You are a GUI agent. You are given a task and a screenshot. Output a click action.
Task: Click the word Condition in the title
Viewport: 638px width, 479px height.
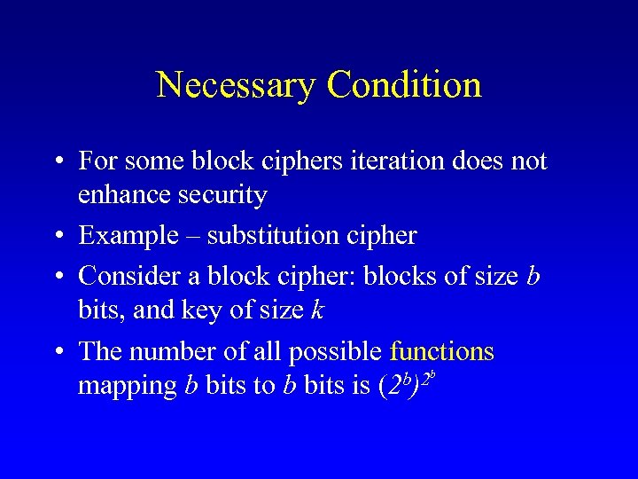(404, 85)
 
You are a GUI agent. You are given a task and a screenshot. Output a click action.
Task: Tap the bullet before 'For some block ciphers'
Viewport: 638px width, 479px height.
(57, 162)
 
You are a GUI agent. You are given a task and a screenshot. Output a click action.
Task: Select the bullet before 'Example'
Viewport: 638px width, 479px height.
(57, 237)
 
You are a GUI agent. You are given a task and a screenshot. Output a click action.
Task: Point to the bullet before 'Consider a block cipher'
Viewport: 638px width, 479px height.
(57, 277)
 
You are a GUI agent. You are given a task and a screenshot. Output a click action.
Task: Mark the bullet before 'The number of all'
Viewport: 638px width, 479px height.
(57, 352)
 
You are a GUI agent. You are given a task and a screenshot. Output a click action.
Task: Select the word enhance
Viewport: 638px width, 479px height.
(118, 195)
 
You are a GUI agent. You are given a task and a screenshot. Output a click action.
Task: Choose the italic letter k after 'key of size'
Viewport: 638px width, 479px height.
(317, 310)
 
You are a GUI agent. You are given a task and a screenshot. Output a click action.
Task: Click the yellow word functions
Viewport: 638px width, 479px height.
(441, 351)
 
